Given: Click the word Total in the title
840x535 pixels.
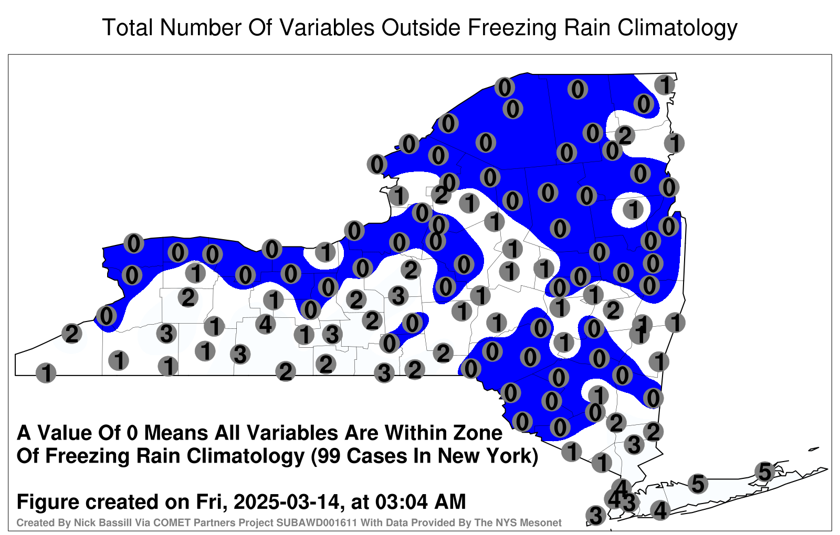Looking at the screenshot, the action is [128, 27].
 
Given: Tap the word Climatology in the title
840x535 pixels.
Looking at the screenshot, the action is [677, 28].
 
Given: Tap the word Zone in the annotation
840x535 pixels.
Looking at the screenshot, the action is [478, 433].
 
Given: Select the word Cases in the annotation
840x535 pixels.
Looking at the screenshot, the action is [376, 456].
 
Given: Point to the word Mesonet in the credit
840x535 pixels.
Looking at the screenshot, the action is [544, 522].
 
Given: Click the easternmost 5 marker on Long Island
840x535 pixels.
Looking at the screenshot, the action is [764, 472].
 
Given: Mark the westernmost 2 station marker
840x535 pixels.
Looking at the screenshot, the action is [71, 334].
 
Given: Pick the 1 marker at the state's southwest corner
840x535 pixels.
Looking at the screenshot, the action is [46, 373].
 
